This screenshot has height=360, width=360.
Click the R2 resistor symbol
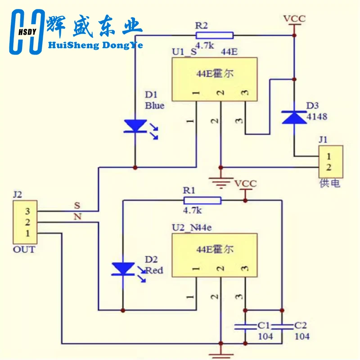(215, 35)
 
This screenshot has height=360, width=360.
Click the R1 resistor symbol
(202, 200)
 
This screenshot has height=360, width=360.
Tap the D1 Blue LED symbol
(135, 126)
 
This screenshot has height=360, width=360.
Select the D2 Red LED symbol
(122, 269)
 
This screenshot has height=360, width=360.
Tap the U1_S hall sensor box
(214, 79)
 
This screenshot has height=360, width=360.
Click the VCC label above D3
(294, 18)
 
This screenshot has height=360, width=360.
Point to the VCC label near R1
(245, 184)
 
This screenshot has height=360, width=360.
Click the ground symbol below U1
(220, 182)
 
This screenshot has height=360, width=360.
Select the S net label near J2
(77, 205)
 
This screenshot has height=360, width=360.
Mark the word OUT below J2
(23, 249)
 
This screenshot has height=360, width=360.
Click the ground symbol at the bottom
(220, 354)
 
